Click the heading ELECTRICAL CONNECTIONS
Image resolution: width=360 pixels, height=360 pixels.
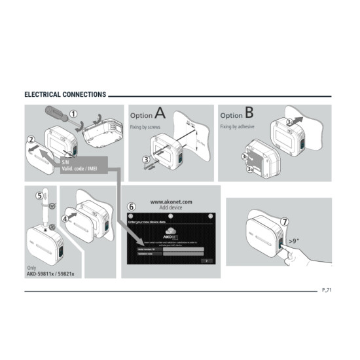[65, 95]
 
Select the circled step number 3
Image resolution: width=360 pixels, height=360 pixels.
[146, 158]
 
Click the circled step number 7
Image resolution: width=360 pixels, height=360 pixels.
[284, 222]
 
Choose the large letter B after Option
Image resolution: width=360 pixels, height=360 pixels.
[249, 114]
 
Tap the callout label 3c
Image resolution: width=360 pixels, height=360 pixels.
[290, 121]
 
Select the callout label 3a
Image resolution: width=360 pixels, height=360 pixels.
[250, 169]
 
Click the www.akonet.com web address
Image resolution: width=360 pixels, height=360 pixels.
[170, 202]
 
